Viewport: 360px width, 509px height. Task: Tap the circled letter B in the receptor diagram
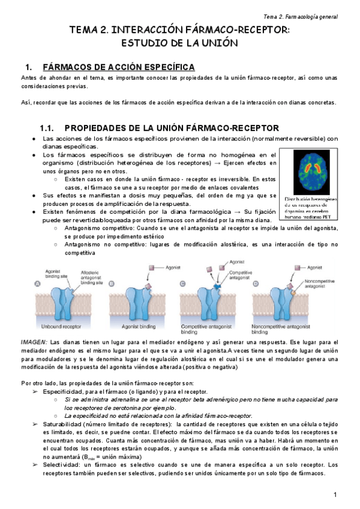tap(113, 285)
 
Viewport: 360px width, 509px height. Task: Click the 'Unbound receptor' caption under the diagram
tap(60, 327)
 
